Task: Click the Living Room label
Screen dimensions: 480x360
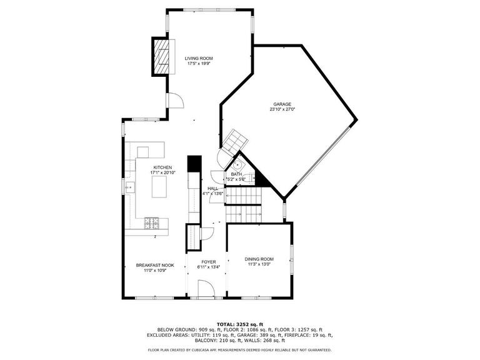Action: pyautogui.click(x=199, y=59)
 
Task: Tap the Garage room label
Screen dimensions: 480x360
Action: pyautogui.click(x=282, y=104)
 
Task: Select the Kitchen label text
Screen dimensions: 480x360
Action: pyautogui.click(x=162, y=167)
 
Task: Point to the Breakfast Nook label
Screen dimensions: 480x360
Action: pyautogui.click(x=155, y=265)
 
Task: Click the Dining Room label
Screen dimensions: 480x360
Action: pyautogui.click(x=259, y=259)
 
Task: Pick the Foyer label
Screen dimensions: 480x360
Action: pyautogui.click(x=209, y=262)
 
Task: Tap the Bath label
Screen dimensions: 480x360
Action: pyautogui.click(x=236, y=174)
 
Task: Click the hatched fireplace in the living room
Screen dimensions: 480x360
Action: pyautogui.click(x=161, y=57)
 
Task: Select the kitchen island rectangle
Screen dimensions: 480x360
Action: pyautogui.click(x=159, y=187)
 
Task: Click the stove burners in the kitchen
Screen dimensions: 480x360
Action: pyautogui.click(x=152, y=223)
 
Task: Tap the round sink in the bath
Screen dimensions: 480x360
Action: pyautogui.click(x=237, y=165)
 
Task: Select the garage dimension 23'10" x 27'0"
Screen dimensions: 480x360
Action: pyautogui.click(x=282, y=109)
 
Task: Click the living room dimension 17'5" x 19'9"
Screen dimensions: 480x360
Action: pyautogui.click(x=199, y=64)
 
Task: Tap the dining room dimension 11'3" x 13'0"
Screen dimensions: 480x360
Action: pyautogui.click(x=259, y=264)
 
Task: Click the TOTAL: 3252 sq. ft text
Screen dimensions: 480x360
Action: pyautogui.click(x=240, y=324)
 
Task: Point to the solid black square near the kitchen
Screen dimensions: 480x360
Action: pyautogui.click(x=194, y=164)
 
